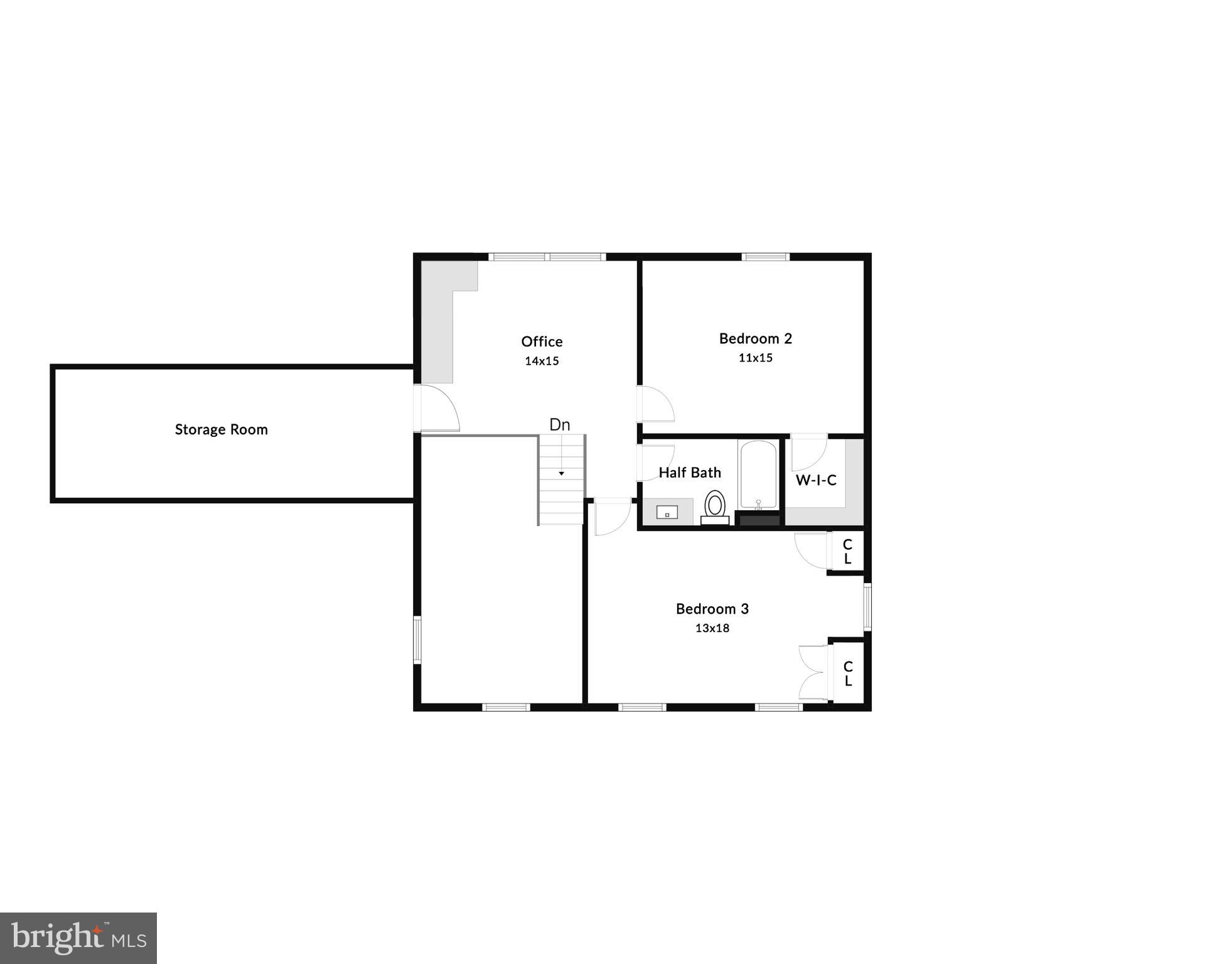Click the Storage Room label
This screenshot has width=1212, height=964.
click(221, 430)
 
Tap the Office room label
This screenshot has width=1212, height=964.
click(542, 342)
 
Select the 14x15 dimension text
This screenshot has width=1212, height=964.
click(542, 361)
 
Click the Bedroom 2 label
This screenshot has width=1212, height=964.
click(755, 339)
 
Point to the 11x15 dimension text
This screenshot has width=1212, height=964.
click(755, 358)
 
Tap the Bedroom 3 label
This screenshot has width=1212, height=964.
click(712, 609)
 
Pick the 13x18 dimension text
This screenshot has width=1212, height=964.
click(712, 628)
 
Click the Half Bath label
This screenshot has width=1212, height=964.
click(689, 473)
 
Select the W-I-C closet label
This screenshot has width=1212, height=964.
click(816, 481)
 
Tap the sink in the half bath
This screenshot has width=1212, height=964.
click(667, 513)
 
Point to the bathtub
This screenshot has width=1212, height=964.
click(758, 475)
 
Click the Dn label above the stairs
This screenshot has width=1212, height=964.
click(559, 425)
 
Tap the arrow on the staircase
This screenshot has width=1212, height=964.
click(561, 473)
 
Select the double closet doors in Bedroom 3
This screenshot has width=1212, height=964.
click(812, 672)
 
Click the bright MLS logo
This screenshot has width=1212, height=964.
click(78, 938)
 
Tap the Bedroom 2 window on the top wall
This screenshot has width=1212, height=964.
click(765, 257)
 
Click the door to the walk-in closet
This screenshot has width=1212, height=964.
click(808, 452)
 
